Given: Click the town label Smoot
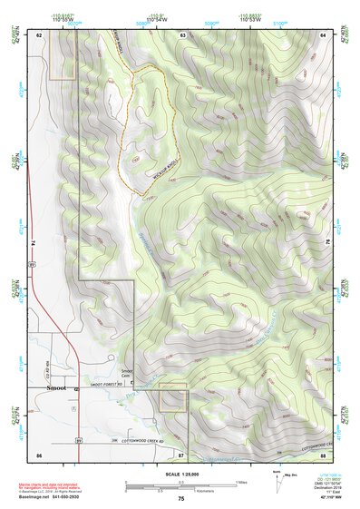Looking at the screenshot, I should click(x=56, y=387).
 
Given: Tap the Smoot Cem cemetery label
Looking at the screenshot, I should click(x=127, y=374).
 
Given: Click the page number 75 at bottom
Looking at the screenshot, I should click(x=181, y=498).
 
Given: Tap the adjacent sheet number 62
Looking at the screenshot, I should click(x=40, y=34).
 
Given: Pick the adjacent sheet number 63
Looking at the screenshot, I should click(x=182, y=34).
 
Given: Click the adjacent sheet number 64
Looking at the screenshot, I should click(x=323, y=34).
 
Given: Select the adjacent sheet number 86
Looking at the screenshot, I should click(x=40, y=453).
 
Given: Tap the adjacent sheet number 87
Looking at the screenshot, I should click(x=181, y=453).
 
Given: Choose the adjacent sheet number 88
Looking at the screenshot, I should click(x=323, y=453).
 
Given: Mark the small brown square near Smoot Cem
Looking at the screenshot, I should click(x=172, y=397).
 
